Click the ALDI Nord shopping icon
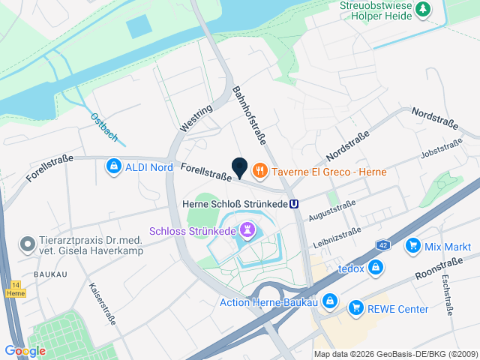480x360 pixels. point(114,166)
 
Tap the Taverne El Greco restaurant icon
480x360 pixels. point(260,171)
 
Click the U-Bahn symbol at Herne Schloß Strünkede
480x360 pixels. point(295,203)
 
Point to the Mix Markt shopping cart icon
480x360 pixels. point(412,246)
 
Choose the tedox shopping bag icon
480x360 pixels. point(376,268)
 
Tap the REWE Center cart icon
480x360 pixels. point(355,308)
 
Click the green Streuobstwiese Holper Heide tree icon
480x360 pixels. point(424,9)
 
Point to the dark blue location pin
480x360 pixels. point(239,168)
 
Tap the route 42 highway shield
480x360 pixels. point(382,246)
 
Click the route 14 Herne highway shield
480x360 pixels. point(15,289)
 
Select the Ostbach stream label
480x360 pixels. point(103,127)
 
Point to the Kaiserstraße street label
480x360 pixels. point(102,303)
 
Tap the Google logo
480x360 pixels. point(25,350)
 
